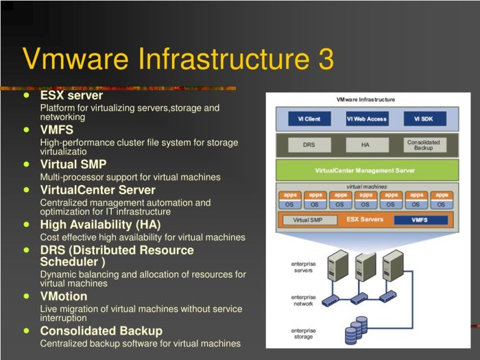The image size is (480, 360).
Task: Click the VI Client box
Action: (309, 119)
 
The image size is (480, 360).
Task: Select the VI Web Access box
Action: (367, 119)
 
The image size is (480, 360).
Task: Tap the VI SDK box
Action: (424, 119)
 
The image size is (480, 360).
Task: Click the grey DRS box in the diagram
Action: (309, 145)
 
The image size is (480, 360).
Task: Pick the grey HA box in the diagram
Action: (367, 145)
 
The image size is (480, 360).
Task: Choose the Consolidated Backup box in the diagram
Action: (424, 145)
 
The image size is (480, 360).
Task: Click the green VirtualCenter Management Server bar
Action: (367, 170)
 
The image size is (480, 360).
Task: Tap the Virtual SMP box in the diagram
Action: (309, 220)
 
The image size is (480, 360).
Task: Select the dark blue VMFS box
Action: (420, 220)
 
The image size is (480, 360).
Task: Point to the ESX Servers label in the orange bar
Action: (365, 219)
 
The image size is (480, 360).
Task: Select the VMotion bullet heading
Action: (64, 296)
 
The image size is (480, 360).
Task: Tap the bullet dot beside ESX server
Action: (27, 95)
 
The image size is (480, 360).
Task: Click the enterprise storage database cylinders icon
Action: (356, 330)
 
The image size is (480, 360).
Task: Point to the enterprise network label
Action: (303, 300)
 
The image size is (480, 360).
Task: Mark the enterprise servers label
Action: (303, 267)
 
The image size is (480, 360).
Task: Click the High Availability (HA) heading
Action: (100, 225)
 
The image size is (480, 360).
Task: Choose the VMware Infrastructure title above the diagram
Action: (365, 99)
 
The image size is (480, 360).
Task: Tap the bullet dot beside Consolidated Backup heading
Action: (27, 331)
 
